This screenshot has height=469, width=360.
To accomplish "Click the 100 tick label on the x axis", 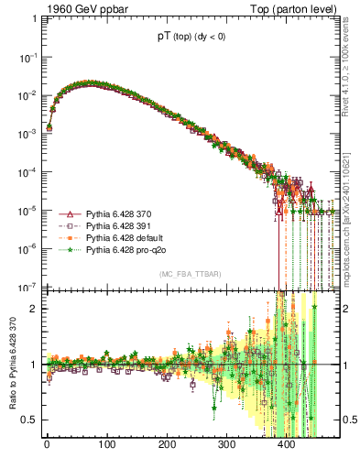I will tap(107, 445).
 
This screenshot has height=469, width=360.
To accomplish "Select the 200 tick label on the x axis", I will tap(167, 445).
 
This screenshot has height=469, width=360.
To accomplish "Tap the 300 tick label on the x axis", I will tap(227, 445).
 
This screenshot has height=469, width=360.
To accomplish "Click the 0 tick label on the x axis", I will tap(47, 445).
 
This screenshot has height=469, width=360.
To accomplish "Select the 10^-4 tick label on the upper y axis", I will tap(27, 172).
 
